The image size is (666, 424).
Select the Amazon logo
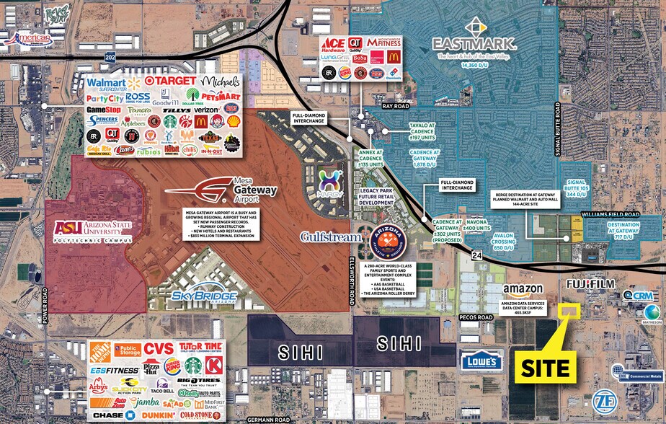tap(523, 290)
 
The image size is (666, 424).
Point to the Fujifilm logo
tap(590, 285)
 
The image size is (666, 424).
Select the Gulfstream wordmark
tap(337, 237)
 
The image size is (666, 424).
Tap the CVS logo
tap(158, 349)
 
